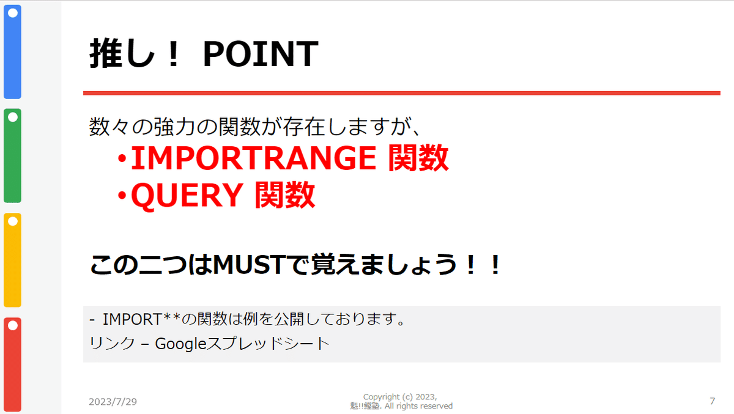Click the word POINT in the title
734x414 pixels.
pos(261,53)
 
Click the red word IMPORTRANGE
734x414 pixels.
pos(253,158)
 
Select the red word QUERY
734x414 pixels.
pos(187,196)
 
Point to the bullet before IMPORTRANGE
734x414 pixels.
pos(122,159)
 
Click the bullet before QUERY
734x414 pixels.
pos(122,196)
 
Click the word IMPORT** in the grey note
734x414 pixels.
pos(141,319)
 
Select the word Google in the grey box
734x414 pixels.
pos(180,344)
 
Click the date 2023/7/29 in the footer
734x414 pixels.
pos(113,402)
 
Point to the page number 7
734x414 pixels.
pos(713,401)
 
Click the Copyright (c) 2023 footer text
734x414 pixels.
pos(400,397)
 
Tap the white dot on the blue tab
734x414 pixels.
pos(13,13)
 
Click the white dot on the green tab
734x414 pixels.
pos(13,117)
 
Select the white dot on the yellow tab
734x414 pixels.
pos(13,221)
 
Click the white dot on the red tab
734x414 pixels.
pos(13,325)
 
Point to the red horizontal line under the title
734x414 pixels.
pos(402,94)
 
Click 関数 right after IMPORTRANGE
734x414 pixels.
pos(418,158)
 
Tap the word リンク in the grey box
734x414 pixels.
pos(112,344)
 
